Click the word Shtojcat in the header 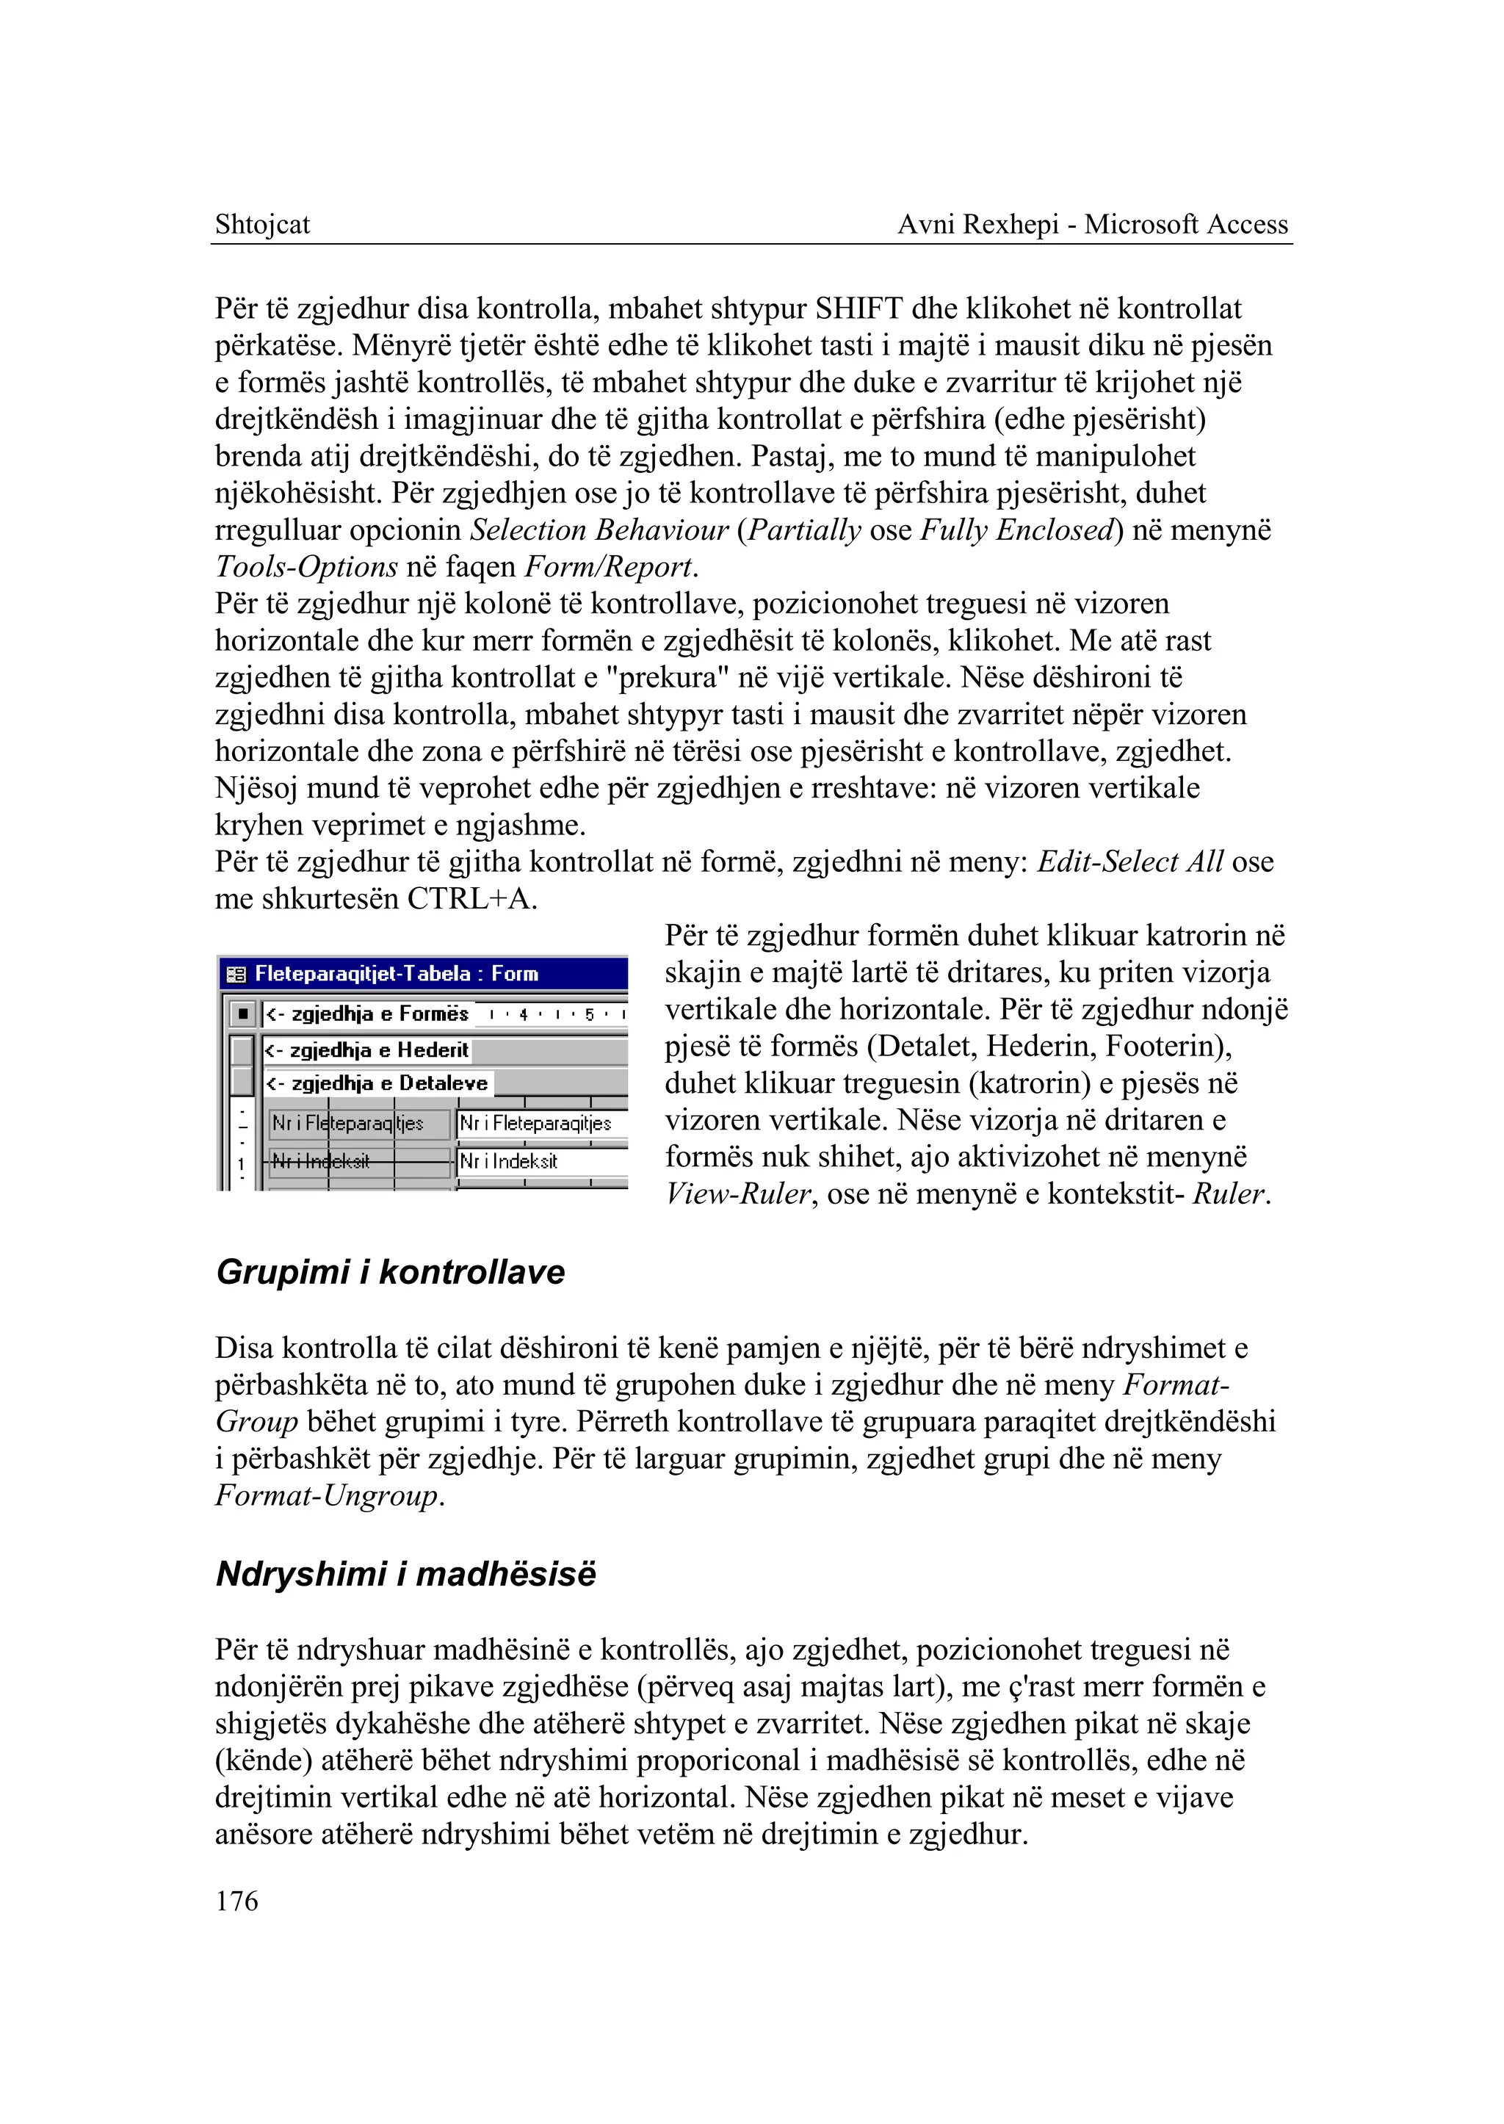(262, 224)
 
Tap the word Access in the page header (1243, 224)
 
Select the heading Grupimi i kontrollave (390, 1272)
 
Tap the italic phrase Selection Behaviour (599, 530)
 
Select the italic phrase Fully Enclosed (1016, 530)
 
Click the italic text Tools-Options (306, 567)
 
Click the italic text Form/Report (609, 567)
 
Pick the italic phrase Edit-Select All (1130, 861)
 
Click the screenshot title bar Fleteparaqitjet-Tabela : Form (397, 974)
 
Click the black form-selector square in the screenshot (242, 1015)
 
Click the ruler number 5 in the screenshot (589, 1015)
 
